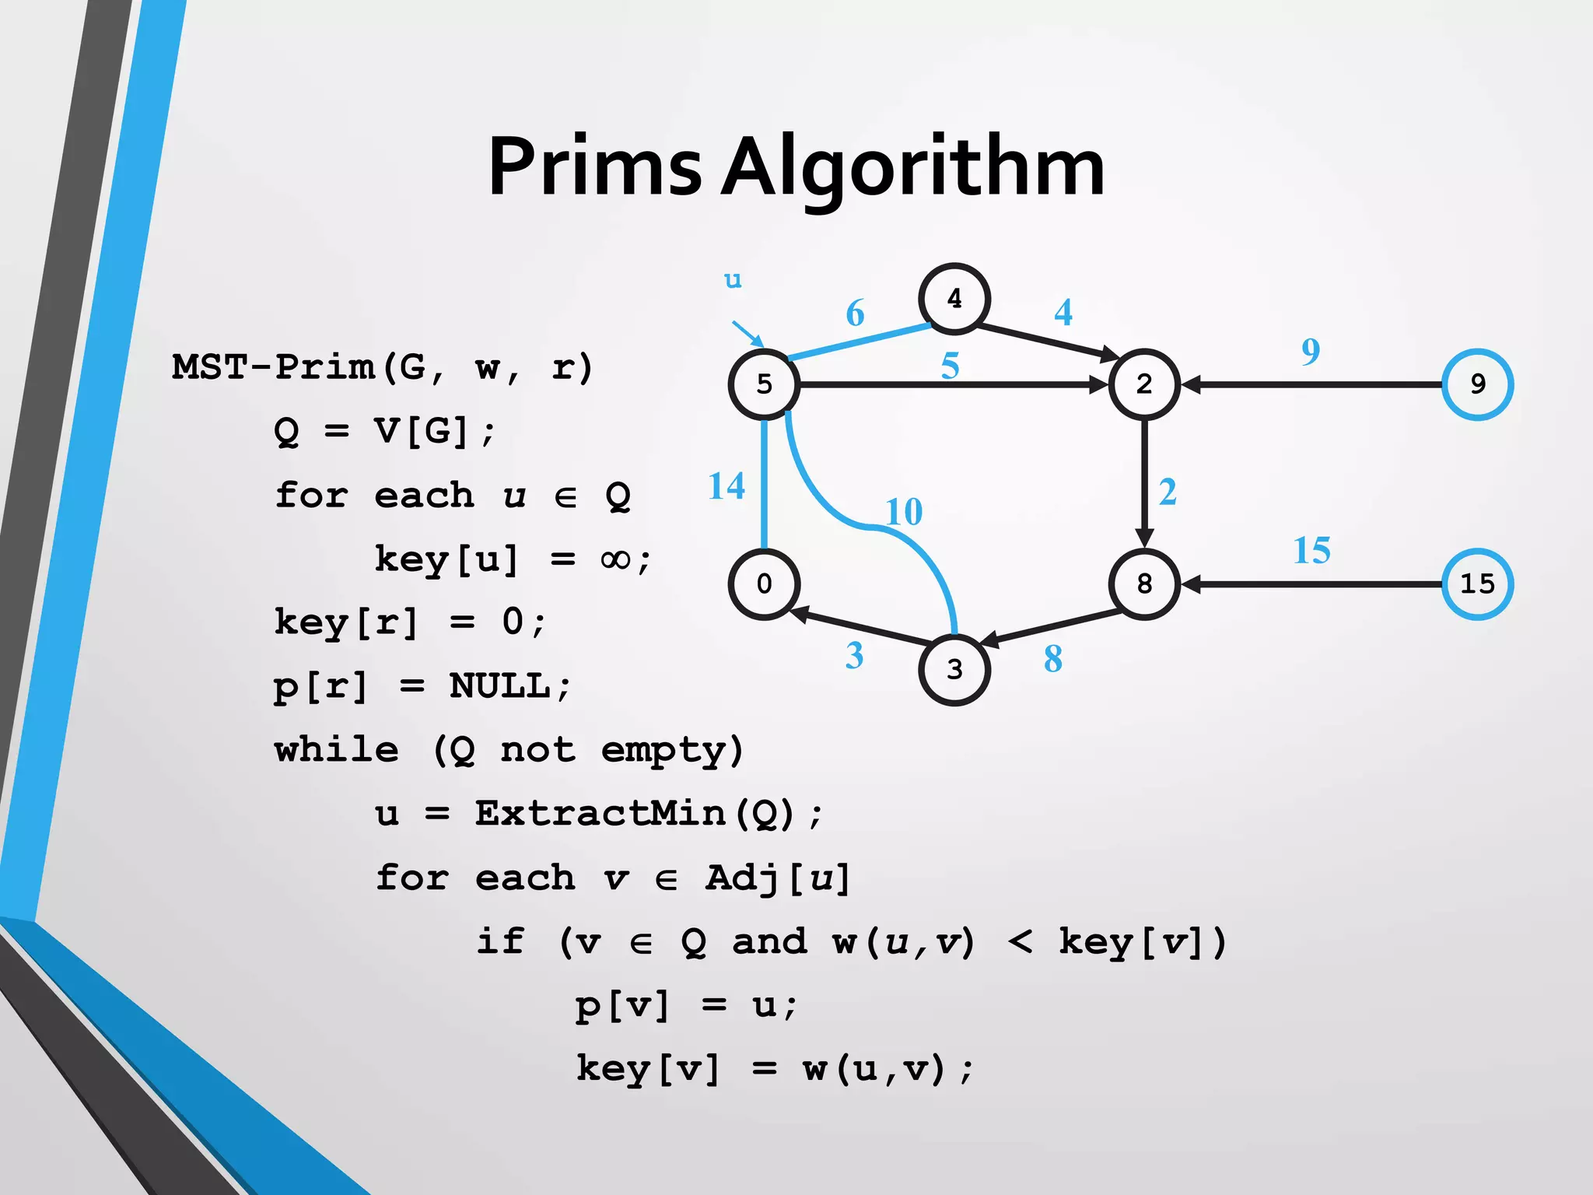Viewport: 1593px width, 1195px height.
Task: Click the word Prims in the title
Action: coord(595,167)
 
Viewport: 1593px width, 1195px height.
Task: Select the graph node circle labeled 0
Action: coord(764,583)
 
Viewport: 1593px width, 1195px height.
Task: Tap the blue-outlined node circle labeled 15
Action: coord(1477,583)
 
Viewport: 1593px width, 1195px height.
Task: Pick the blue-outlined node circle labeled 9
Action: coord(1477,384)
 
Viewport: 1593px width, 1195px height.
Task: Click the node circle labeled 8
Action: coord(1144,583)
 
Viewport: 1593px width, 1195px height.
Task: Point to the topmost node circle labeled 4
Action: coord(954,299)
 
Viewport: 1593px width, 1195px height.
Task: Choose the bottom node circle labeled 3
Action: coord(954,669)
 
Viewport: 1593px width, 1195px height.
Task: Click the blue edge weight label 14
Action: coord(726,486)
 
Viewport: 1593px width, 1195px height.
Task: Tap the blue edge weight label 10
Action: coord(904,512)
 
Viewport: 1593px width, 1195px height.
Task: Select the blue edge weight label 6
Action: coord(855,314)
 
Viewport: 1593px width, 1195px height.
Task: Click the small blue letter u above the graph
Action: coord(733,280)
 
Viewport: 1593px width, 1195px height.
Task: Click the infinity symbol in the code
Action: coord(616,559)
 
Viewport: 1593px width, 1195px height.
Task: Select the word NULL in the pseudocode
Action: coord(499,686)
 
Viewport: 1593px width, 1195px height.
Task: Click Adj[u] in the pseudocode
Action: coord(778,878)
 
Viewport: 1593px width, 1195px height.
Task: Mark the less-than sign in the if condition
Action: coord(1021,942)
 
